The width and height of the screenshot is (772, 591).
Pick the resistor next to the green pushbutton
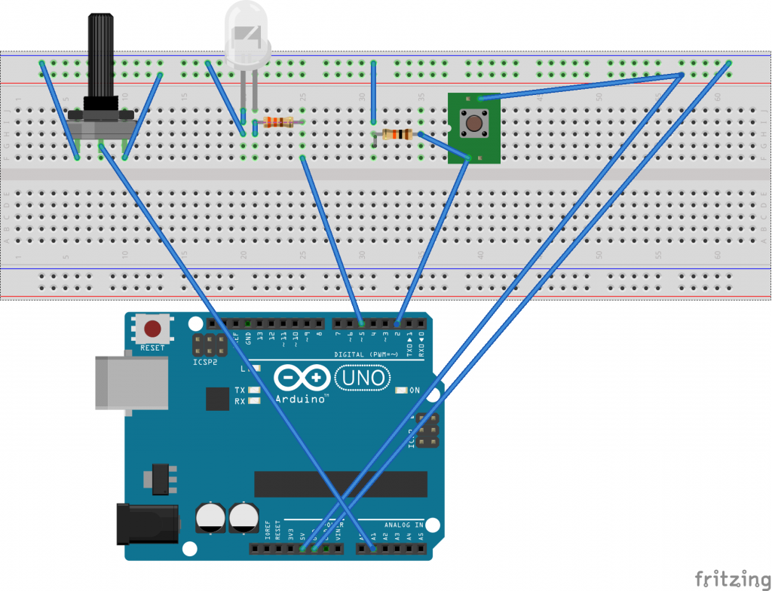[x=397, y=135]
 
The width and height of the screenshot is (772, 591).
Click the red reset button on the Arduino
[x=152, y=329]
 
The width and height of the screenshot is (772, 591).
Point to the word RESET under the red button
[x=152, y=348]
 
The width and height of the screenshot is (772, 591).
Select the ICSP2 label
[x=205, y=362]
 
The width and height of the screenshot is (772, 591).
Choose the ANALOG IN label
[x=404, y=525]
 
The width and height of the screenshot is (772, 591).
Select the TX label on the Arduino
[x=239, y=390]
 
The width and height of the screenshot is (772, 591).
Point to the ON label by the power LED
[x=414, y=390]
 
